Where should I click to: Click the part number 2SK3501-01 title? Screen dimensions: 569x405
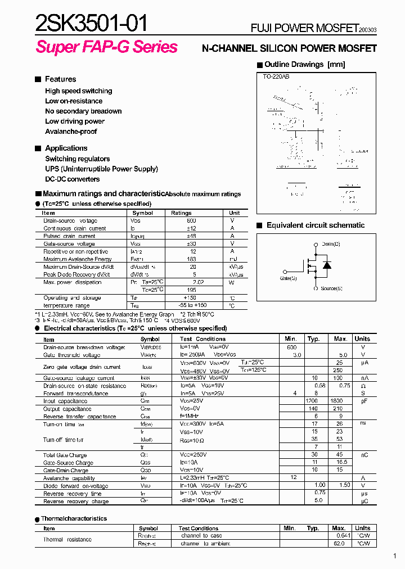[92, 24]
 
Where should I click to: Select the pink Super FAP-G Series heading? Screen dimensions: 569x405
[106, 47]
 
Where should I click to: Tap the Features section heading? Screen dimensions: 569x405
[60, 79]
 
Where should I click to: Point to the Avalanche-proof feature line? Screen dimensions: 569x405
[71, 132]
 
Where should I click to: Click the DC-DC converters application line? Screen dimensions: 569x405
[72, 179]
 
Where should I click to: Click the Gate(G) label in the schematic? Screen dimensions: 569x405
[289, 278]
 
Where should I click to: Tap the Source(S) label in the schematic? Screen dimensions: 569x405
[331, 288]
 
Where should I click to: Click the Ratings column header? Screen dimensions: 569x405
[181, 213]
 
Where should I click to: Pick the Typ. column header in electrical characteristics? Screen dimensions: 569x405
[313, 339]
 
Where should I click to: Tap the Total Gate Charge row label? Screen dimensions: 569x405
[65, 455]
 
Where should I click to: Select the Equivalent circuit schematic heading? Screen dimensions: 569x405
[315, 225]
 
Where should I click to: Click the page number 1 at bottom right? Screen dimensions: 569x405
[395, 557]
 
